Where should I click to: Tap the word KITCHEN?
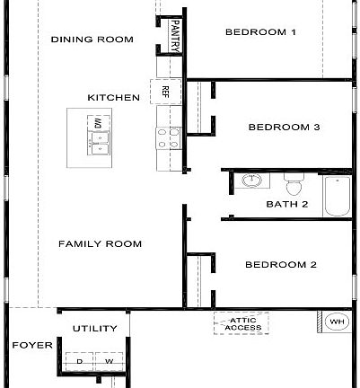click(x=112, y=97)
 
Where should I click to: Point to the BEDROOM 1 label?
click(x=260, y=32)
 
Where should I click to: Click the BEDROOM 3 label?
click(x=283, y=128)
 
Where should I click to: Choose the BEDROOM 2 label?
click(x=280, y=265)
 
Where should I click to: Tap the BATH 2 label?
click(x=287, y=204)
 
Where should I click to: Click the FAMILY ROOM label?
click(x=99, y=244)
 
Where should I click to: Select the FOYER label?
click(x=28, y=345)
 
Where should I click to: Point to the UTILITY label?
click(x=94, y=329)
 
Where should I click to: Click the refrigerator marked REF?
click(x=166, y=91)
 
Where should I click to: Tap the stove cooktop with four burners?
click(x=167, y=137)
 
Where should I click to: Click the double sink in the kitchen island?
click(x=99, y=139)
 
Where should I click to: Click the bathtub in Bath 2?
click(x=337, y=196)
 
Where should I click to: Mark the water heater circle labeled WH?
click(x=338, y=322)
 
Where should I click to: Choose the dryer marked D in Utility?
click(x=80, y=362)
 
